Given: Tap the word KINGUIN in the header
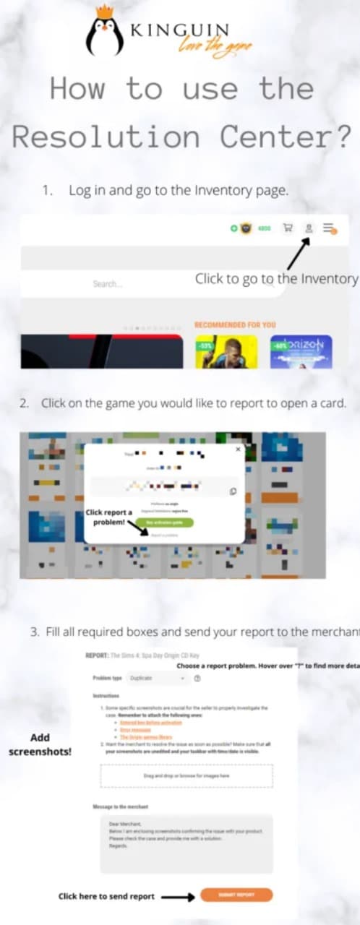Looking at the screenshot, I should tap(179, 30).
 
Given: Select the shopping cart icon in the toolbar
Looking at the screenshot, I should tap(288, 228).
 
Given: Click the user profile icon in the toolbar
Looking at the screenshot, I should tap(309, 228).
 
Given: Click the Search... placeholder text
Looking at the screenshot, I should tap(107, 284).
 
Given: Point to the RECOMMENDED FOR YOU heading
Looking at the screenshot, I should tap(235, 325).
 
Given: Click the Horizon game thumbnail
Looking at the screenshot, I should tap(301, 352).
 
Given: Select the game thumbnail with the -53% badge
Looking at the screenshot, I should tap(217, 352).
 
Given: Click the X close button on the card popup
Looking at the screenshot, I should tap(238, 449).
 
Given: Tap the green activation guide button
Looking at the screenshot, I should tap(164, 522).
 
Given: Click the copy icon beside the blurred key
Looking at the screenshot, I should tap(233, 491).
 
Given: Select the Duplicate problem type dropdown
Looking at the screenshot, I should tap(158, 679).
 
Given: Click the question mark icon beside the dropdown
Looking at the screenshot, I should tap(197, 679).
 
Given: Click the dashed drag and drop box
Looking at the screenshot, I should tap(187, 775).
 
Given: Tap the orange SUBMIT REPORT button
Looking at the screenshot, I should tap(236, 895).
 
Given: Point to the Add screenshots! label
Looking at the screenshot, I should tap(40, 744).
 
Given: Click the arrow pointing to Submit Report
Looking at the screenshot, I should tap(178, 896).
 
